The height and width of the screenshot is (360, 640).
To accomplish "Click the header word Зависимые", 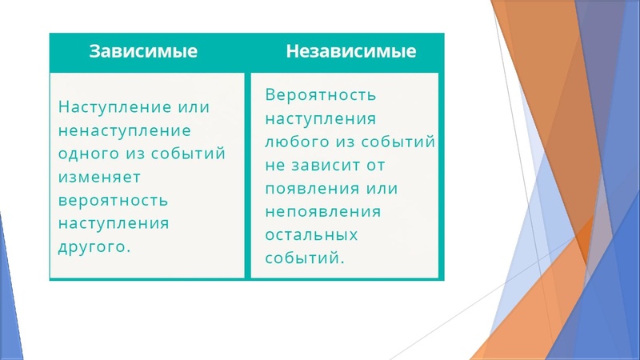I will [143, 52].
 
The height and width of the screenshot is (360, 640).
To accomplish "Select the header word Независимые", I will [351, 52].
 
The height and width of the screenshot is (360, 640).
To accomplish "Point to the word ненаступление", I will [124, 130].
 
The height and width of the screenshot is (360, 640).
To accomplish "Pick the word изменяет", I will [100, 176].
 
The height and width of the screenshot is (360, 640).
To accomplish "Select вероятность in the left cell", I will [113, 199].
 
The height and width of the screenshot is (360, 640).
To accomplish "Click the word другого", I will [94, 246].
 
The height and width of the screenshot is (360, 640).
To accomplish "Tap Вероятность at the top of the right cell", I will [320, 96].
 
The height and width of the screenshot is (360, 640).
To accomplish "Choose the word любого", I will [293, 142].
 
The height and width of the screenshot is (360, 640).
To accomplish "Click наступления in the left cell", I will [113, 222].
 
